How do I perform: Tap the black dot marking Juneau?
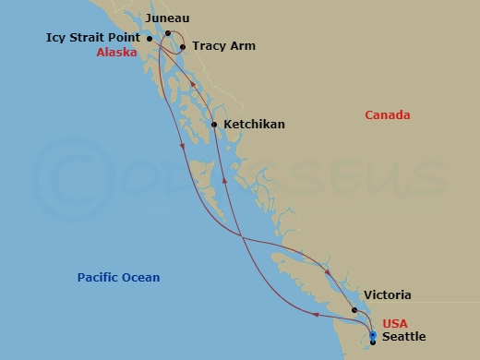168,32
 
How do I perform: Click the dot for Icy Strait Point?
150,39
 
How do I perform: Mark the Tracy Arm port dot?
183,46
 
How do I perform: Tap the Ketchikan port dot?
214,124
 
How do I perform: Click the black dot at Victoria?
354,310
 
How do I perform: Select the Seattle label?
403,337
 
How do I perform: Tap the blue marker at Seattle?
372,336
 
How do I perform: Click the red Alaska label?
116,53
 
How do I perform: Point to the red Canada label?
388,115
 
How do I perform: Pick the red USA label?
395,322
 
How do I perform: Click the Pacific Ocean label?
118,278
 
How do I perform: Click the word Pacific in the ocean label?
99,278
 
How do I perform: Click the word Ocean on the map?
141,278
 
